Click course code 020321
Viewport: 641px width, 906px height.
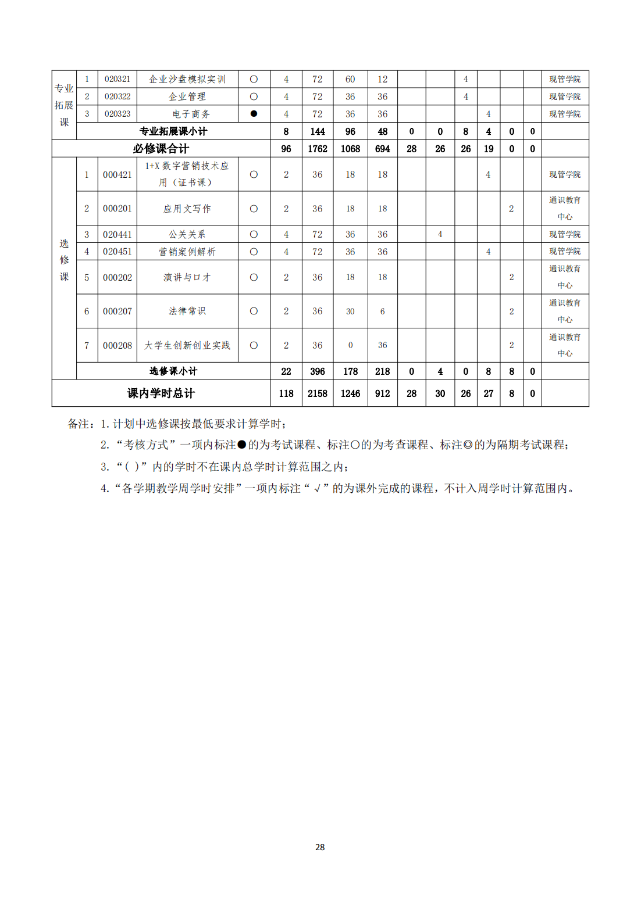pos(117,79)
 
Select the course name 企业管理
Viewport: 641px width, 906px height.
pos(187,96)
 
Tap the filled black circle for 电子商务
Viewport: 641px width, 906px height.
pos(254,114)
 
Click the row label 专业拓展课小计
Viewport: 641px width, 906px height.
pos(173,131)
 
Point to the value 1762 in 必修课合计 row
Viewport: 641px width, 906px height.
pos(317,149)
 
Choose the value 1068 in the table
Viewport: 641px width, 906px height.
pos(350,149)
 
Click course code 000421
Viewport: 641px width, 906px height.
pos(117,174)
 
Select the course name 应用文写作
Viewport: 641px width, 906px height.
pos(187,209)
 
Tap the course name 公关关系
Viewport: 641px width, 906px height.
pos(187,234)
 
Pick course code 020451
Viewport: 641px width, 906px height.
pos(117,252)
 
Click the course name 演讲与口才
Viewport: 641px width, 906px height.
pos(187,277)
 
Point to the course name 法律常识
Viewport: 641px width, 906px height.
pos(187,311)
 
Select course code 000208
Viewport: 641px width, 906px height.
pos(117,345)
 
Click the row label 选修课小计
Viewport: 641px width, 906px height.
pos(173,371)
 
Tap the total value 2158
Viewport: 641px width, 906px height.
pos(317,393)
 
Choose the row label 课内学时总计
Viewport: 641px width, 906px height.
pos(161,393)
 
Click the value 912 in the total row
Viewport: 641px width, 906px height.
pos(382,393)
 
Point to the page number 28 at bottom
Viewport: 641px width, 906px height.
pos(320,847)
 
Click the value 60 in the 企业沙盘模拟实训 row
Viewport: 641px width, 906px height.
pos(350,79)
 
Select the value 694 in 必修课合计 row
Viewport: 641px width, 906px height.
pos(382,149)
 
